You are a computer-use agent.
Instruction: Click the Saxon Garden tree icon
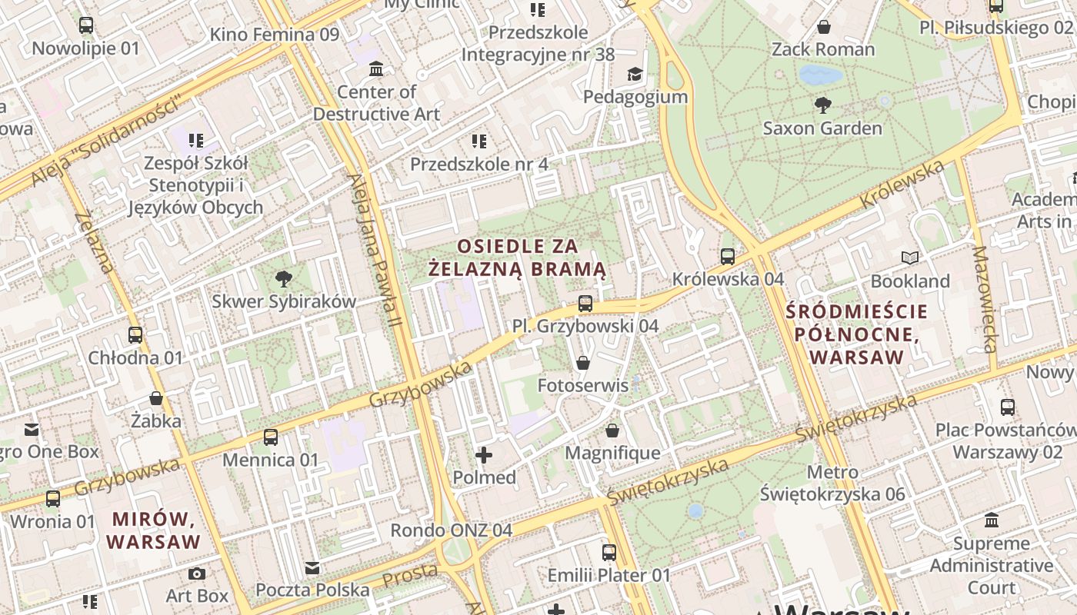pyautogui.click(x=822, y=105)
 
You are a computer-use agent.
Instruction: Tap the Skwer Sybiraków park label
pyautogui.click(x=284, y=301)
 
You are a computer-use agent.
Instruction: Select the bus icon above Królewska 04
pyautogui.click(x=728, y=257)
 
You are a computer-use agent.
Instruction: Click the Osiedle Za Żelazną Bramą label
pyautogui.click(x=517, y=258)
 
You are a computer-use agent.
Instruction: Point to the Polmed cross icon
pyautogui.click(x=484, y=455)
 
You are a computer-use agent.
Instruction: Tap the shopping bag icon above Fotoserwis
pyautogui.click(x=583, y=363)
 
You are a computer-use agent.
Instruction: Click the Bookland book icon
pyautogui.click(x=910, y=258)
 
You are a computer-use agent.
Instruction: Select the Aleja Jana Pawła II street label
pyautogui.click(x=375, y=250)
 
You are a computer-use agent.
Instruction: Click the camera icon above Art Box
pyautogui.click(x=197, y=573)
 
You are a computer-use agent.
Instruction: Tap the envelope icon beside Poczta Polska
pyautogui.click(x=312, y=568)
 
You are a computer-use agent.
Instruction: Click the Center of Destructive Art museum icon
pyautogui.click(x=376, y=70)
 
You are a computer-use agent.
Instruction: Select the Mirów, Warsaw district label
pyautogui.click(x=153, y=530)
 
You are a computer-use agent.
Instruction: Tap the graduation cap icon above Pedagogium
pyautogui.click(x=635, y=74)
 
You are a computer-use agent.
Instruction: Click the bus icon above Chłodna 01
pyautogui.click(x=135, y=335)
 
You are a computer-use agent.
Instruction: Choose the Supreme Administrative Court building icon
pyautogui.click(x=992, y=520)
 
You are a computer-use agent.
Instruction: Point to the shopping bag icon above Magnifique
pyautogui.click(x=612, y=430)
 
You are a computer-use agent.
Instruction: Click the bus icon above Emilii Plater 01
pyautogui.click(x=609, y=552)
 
